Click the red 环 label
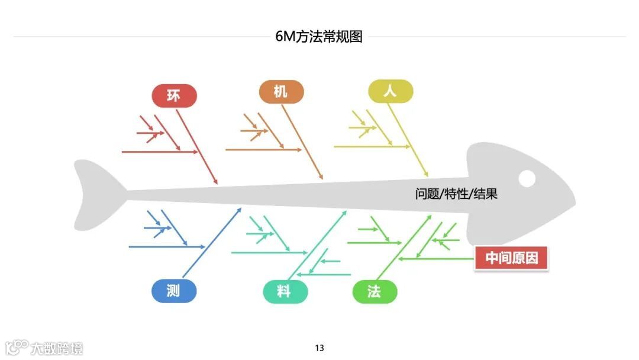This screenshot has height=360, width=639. pos(174,96)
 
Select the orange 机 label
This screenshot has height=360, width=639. pos(281,92)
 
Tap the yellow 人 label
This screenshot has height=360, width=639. pos(390,92)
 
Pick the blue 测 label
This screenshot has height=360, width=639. pos(173,291)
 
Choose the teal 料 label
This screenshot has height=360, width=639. pos(285,292)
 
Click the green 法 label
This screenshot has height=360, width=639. pos(375,292)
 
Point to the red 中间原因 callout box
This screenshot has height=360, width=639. pos(512,258)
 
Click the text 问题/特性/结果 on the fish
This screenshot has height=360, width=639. pos(456,194)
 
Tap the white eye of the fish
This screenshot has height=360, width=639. pos(527,178)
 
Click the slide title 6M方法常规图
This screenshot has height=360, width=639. pos(319,37)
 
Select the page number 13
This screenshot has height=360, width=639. pos(319,348)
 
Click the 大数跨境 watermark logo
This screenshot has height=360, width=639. pos(44,347)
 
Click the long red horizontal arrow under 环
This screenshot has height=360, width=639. pos(160,152)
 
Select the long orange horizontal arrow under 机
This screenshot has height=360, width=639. pos(263,150)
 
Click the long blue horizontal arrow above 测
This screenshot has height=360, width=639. pos(166,246)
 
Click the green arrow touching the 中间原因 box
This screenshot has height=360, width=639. pos(438,259)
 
